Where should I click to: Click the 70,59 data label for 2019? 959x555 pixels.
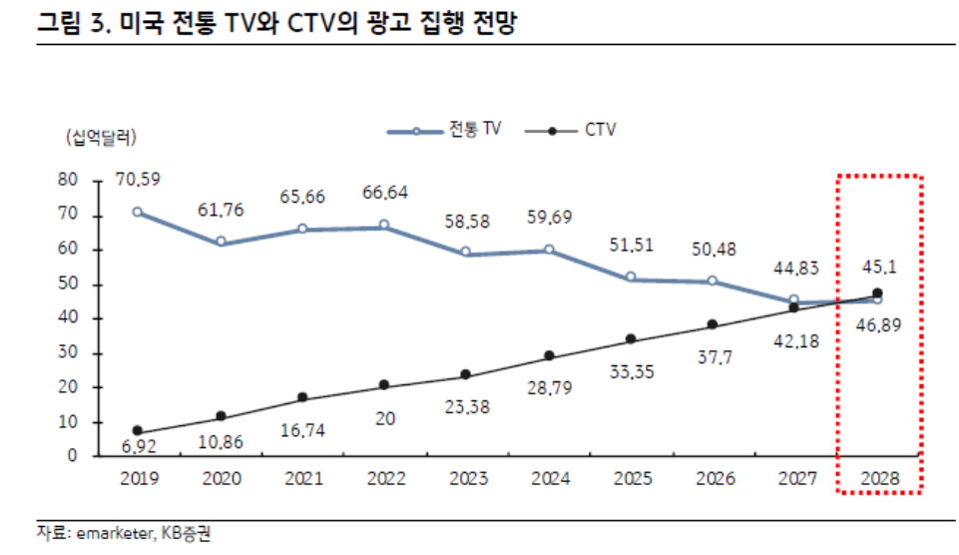pyautogui.click(x=138, y=180)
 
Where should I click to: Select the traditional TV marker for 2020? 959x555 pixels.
pyautogui.click(x=221, y=242)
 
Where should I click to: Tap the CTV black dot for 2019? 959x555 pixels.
pyautogui.click(x=138, y=431)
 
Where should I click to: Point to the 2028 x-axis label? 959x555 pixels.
pyautogui.click(x=877, y=479)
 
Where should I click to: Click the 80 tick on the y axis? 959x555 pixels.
pyautogui.click(x=68, y=181)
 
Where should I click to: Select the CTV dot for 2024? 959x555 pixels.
pyautogui.click(x=549, y=356)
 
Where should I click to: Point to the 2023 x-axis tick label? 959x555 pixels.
pyautogui.click(x=466, y=479)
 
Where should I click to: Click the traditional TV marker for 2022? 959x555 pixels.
pyautogui.click(x=384, y=226)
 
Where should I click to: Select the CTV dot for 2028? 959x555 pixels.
pyautogui.click(x=877, y=293)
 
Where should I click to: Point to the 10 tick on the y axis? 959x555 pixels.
pyautogui.click(x=68, y=422)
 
